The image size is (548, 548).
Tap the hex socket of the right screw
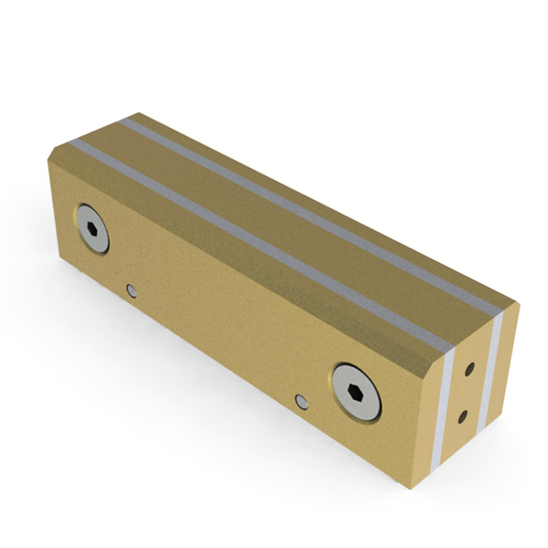click(358, 391)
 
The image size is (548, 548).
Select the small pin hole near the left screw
click(132, 290)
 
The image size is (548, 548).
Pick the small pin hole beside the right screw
click(302, 400)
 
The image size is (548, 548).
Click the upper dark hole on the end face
click(469, 371)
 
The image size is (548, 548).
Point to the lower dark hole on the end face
click(463, 416)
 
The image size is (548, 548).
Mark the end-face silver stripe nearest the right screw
click(447, 405)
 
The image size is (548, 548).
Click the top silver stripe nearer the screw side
click(256, 240)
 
